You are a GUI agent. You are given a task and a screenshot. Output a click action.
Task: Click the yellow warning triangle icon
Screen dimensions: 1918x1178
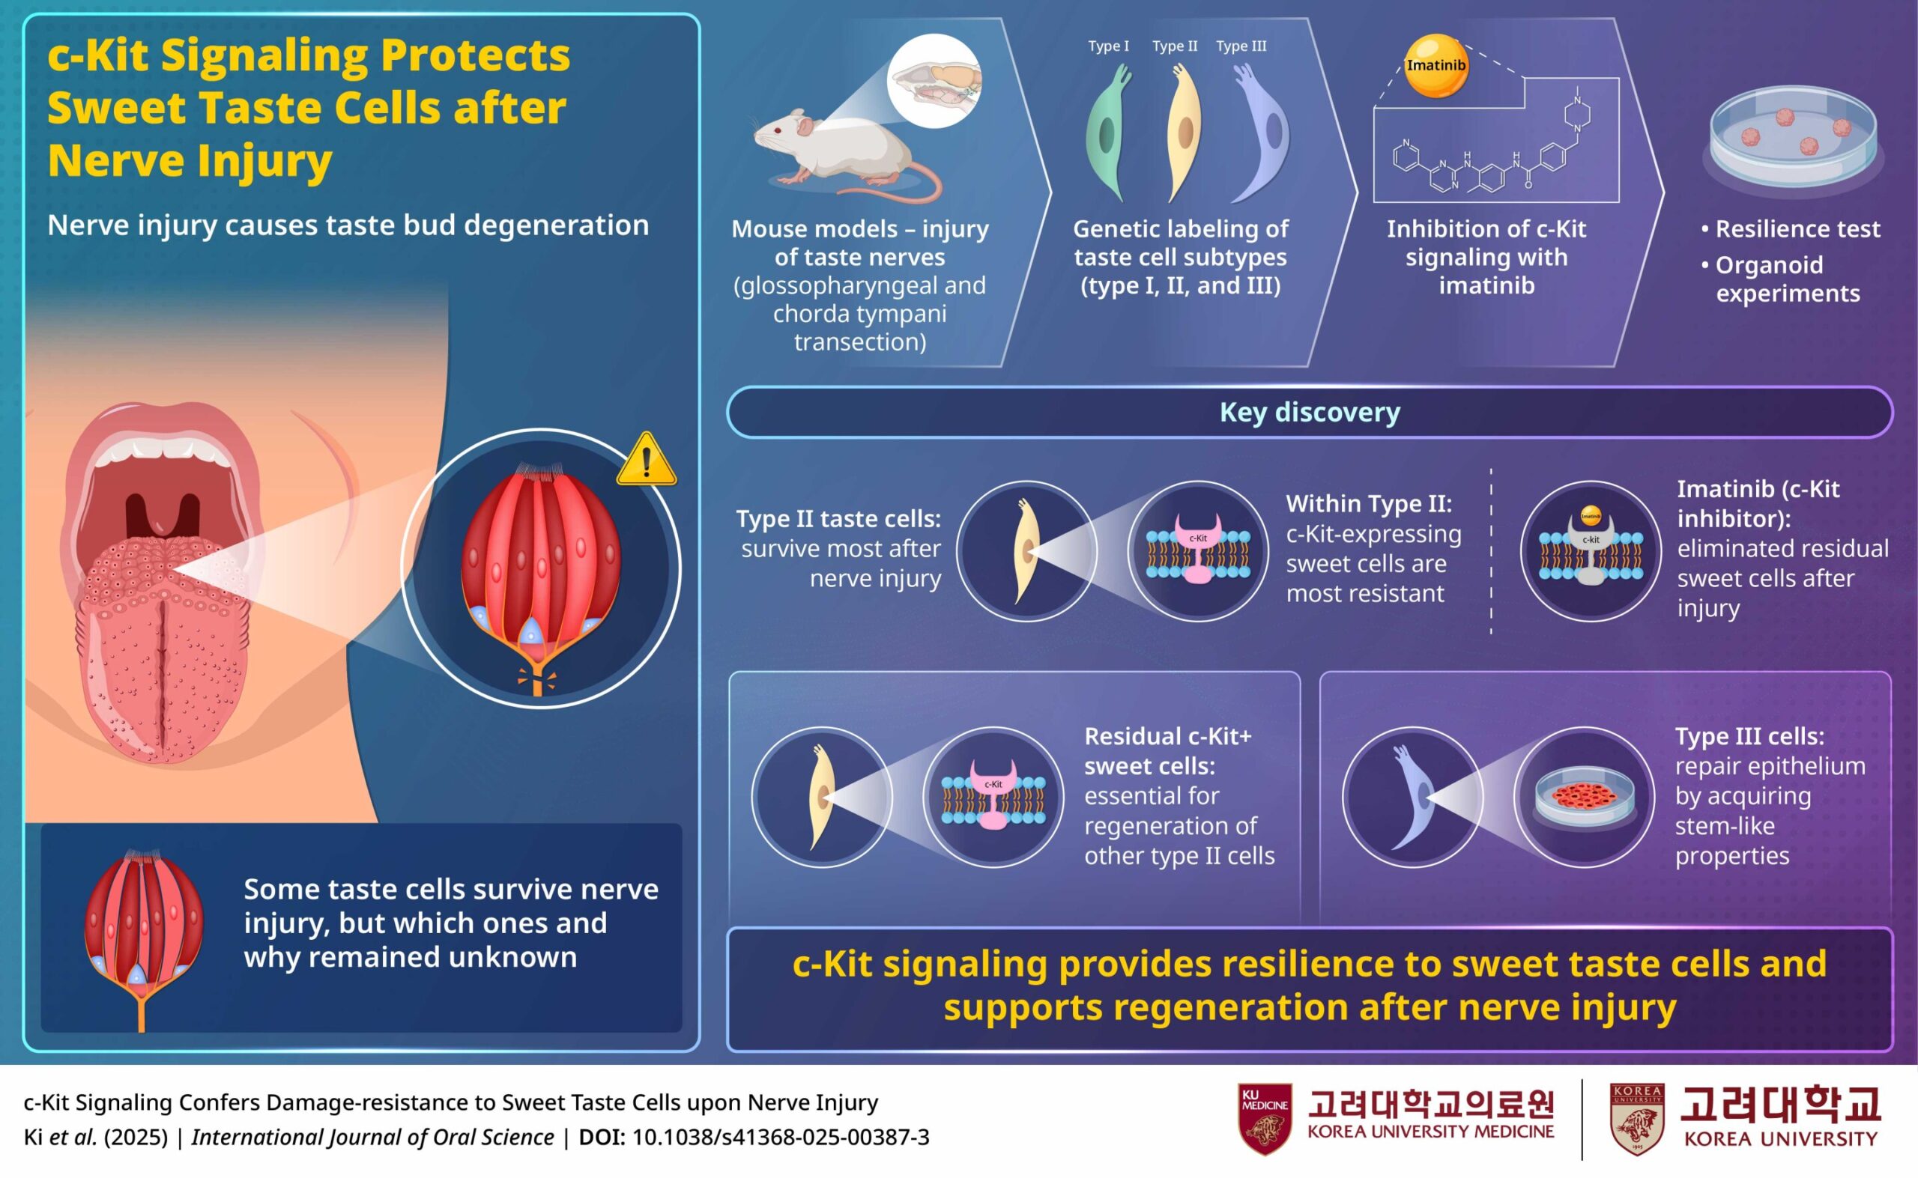pos(646,460)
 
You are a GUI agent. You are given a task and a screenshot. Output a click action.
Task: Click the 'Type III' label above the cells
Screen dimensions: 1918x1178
pos(1241,46)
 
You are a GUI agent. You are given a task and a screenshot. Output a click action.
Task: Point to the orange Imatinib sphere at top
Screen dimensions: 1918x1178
pos(1436,65)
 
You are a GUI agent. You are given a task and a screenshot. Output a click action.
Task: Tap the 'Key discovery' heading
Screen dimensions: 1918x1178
pos(1310,412)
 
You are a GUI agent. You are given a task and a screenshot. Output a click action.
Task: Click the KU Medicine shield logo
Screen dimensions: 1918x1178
pos(1264,1119)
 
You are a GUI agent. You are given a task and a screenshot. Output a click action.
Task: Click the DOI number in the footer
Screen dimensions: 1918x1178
pos(780,1138)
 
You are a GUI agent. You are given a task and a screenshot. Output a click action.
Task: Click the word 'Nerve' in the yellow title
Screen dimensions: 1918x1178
pos(118,160)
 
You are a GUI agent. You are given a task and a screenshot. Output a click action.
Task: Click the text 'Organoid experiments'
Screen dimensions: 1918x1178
pos(1788,279)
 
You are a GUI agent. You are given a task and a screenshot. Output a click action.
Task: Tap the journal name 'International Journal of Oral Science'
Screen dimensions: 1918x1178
pos(372,1138)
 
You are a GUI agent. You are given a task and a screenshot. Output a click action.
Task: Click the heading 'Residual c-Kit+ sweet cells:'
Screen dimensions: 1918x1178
pos(1167,751)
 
